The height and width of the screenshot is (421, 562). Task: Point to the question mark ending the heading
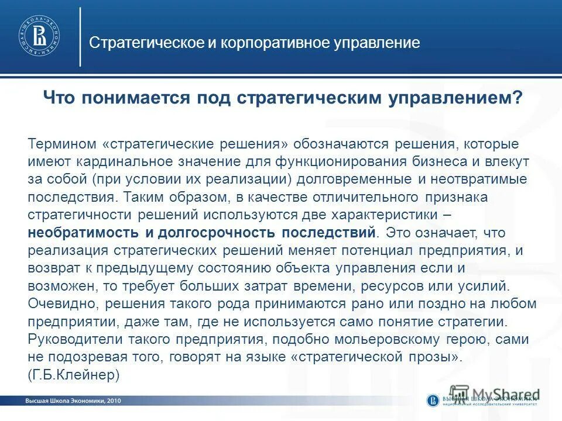point(518,98)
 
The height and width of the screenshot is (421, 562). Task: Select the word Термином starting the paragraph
point(62,144)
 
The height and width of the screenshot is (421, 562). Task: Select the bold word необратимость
point(83,233)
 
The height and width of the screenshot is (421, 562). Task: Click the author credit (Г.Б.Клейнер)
point(74,375)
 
